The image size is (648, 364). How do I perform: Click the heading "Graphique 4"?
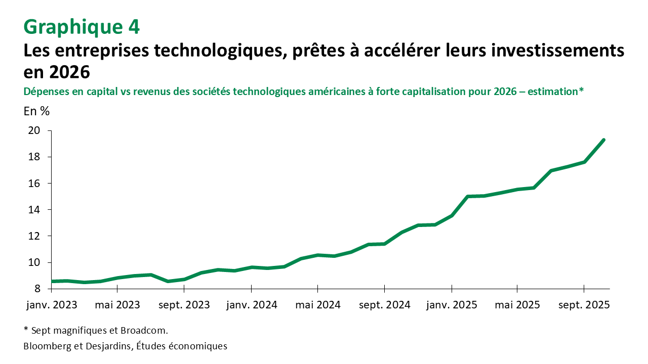point(82,27)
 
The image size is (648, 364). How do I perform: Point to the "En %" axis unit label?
point(36,112)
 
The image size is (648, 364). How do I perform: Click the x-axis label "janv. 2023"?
point(51,305)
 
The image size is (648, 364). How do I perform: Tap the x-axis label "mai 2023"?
point(117,305)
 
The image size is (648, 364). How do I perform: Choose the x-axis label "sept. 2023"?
point(184,305)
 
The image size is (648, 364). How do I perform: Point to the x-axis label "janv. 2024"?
point(251,305)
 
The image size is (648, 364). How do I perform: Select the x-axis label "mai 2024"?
point(317,305)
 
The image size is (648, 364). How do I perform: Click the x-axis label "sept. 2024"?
point(384,305)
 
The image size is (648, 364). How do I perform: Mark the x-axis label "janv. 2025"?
point(451,305)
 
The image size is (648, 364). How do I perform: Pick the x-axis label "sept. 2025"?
point(584,305)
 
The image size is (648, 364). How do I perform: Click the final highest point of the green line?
point(603,140)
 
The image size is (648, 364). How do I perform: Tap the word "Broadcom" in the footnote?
point(143,331)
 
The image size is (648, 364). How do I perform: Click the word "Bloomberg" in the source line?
point(47,346)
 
